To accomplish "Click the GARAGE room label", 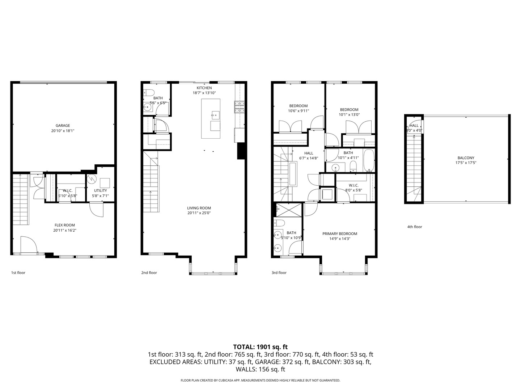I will coord(63,126).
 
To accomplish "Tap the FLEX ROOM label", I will coord(64,225).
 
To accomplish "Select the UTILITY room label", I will coord(101,190).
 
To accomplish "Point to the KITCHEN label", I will coord(204,88).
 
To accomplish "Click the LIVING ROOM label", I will coord(199,208).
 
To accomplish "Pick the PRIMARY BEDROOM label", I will coord(340,234).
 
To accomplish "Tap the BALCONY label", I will coord(466,158).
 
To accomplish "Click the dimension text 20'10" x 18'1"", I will coord(63,131).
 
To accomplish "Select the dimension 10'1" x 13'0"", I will coord(349,115).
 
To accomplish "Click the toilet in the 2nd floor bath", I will coord(149,92).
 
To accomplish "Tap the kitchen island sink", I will coord(215,116).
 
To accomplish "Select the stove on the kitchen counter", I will coord(239,106).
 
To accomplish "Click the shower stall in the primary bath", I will coord(288,210).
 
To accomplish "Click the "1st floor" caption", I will coord(18,273).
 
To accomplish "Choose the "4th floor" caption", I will coord(415,227).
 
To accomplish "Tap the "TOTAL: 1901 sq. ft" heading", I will coord(260,347).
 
